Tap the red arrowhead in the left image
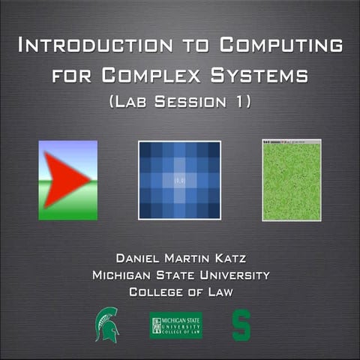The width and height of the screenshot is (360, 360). coord(64,179)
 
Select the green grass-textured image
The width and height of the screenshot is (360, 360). coord(291,180)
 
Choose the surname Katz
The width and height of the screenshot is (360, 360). coord(232,259)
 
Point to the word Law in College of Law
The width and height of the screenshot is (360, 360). coord(218,292)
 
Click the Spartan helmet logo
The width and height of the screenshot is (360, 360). coord(106,324)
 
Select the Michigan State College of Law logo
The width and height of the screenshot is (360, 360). coord(175,325)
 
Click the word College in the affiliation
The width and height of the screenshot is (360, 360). coord(155,292)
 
